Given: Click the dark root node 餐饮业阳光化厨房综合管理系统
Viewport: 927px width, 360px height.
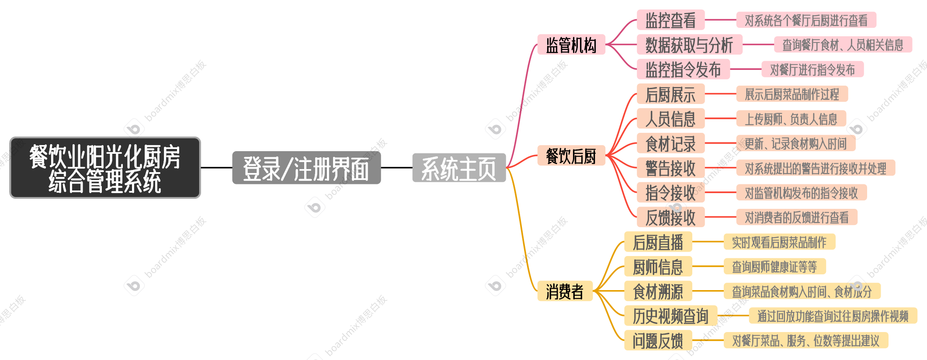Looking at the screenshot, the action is pos(105,168).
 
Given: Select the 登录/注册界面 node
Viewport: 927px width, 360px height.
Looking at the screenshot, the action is pos(306,168).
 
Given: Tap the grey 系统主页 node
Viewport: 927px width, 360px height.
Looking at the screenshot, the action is pos(459,168).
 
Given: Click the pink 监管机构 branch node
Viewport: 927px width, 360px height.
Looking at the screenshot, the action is pos(571,45).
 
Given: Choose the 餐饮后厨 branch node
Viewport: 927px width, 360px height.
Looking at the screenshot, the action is pos(571,156).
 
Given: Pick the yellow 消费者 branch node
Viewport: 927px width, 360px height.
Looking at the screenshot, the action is pos(565,291).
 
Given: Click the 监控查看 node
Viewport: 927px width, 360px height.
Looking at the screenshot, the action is pos(670,20).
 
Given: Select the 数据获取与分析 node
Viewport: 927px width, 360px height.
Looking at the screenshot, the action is pos(689,45).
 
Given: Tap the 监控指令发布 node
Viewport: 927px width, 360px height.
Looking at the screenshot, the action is pos(683,69).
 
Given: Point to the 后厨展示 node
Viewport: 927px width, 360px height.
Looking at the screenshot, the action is pos(670,94).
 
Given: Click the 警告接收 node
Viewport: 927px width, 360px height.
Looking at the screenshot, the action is pos(670,168).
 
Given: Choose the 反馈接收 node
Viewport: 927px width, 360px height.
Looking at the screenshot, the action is pos(670,218).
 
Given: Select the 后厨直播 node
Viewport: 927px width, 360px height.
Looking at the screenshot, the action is pos(658,242).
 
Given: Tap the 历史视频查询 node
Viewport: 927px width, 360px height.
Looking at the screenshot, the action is pos(670,316).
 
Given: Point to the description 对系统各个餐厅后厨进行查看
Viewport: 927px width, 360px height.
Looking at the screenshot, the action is pos(806,20).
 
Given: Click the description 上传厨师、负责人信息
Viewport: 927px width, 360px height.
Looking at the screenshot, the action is pos(791,119).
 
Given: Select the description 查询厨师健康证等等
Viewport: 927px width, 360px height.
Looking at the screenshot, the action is pos(774,267).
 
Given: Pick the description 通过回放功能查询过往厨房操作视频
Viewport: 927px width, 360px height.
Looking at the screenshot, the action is pos(833,316).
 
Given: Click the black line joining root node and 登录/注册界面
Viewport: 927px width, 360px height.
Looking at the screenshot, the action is pos(216,167).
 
